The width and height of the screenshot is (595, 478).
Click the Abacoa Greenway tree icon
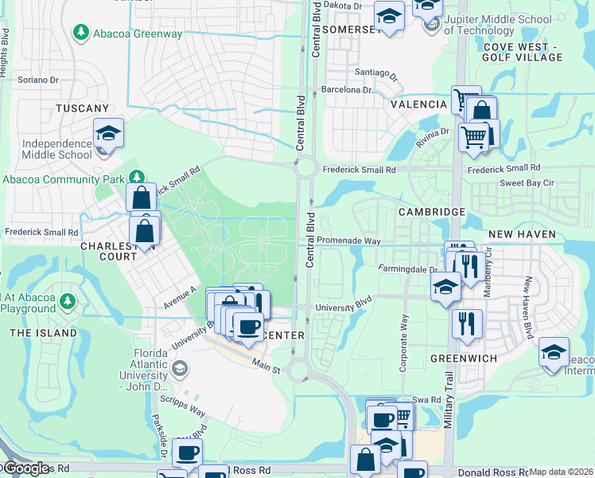pyautogui.click(x=80, y=33)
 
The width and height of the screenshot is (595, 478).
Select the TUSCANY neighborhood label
pyautogui.click(x=81, y=108)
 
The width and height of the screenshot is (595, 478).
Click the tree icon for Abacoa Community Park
pyautogui.click(x=137, y=178)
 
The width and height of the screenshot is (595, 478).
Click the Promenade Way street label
pyautogui.click(x=349, y=241)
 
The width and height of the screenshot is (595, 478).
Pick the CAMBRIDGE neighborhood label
pyautogui.click(x=431, y=212)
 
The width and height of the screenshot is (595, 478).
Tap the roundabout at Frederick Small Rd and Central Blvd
pyautogui.click(x=305, y=169)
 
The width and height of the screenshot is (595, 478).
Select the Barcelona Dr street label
pyautogui.click(x=346, y=90)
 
